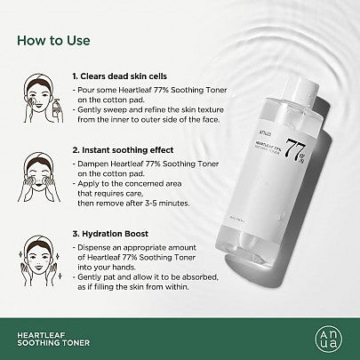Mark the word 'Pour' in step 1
[x=86, y=92]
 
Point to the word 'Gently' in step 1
[x=90, y=115]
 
